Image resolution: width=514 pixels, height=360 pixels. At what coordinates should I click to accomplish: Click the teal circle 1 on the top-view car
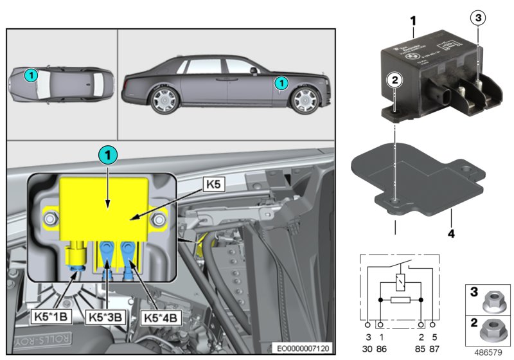point(31,75)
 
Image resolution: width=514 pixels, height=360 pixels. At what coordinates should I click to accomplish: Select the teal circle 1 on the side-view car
point(280,82)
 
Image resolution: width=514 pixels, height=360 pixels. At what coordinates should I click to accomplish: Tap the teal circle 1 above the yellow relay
point(108,155)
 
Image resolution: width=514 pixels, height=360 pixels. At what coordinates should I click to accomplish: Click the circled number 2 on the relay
point(394,80)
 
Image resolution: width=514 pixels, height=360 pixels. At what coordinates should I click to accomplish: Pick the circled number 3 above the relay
point(476,18)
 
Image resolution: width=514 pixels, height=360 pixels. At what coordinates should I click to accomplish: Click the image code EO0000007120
point(302,348)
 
